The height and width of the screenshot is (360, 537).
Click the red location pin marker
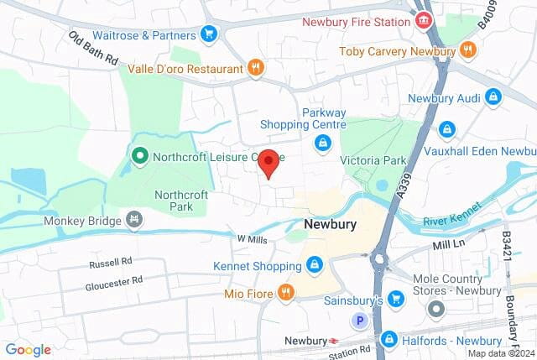point(268,161)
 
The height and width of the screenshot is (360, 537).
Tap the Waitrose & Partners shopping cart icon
point(209,34)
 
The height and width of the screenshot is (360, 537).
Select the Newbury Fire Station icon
point(425,19)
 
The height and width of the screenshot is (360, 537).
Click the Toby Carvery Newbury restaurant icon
point(467,51)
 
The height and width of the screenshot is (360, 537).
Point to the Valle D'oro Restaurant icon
point(256,67)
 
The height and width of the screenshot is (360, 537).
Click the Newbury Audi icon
point(493,98)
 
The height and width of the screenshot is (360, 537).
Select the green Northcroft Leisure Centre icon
point(139,156)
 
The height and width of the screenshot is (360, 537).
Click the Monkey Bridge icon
point(133,222)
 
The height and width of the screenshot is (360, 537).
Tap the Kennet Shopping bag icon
point(314,266)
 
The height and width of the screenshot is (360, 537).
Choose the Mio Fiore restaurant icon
point(285,293)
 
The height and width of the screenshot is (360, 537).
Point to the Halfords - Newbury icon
point(388,338)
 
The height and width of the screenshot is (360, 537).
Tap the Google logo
point(28,350)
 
